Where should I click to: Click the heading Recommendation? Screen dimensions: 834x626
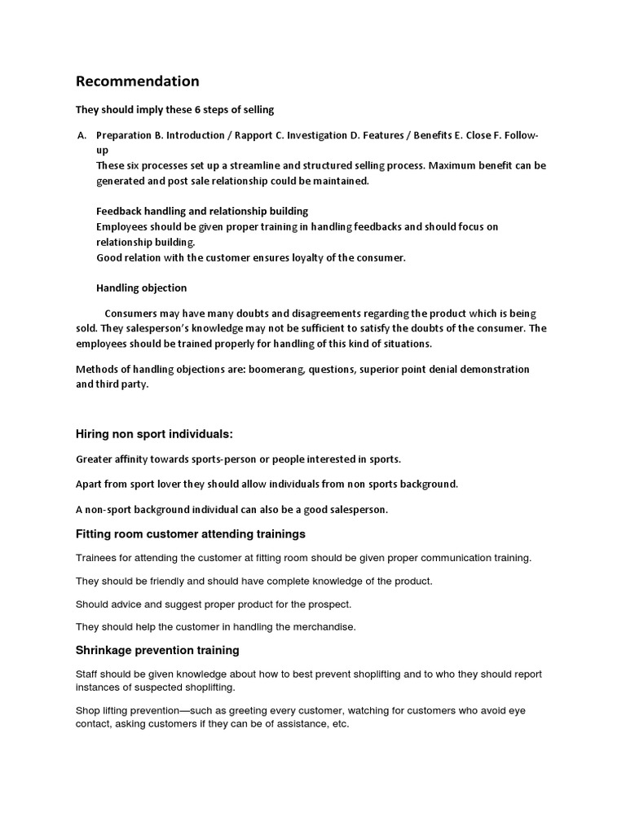point(137,81)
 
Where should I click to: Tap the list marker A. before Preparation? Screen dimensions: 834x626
point(81,135)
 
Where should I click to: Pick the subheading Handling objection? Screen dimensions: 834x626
point(141,288)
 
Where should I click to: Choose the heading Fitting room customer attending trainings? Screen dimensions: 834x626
point(191,534)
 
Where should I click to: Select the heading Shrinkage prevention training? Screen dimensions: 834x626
point(157,651)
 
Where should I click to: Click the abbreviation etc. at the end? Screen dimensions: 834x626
point(340,723)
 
